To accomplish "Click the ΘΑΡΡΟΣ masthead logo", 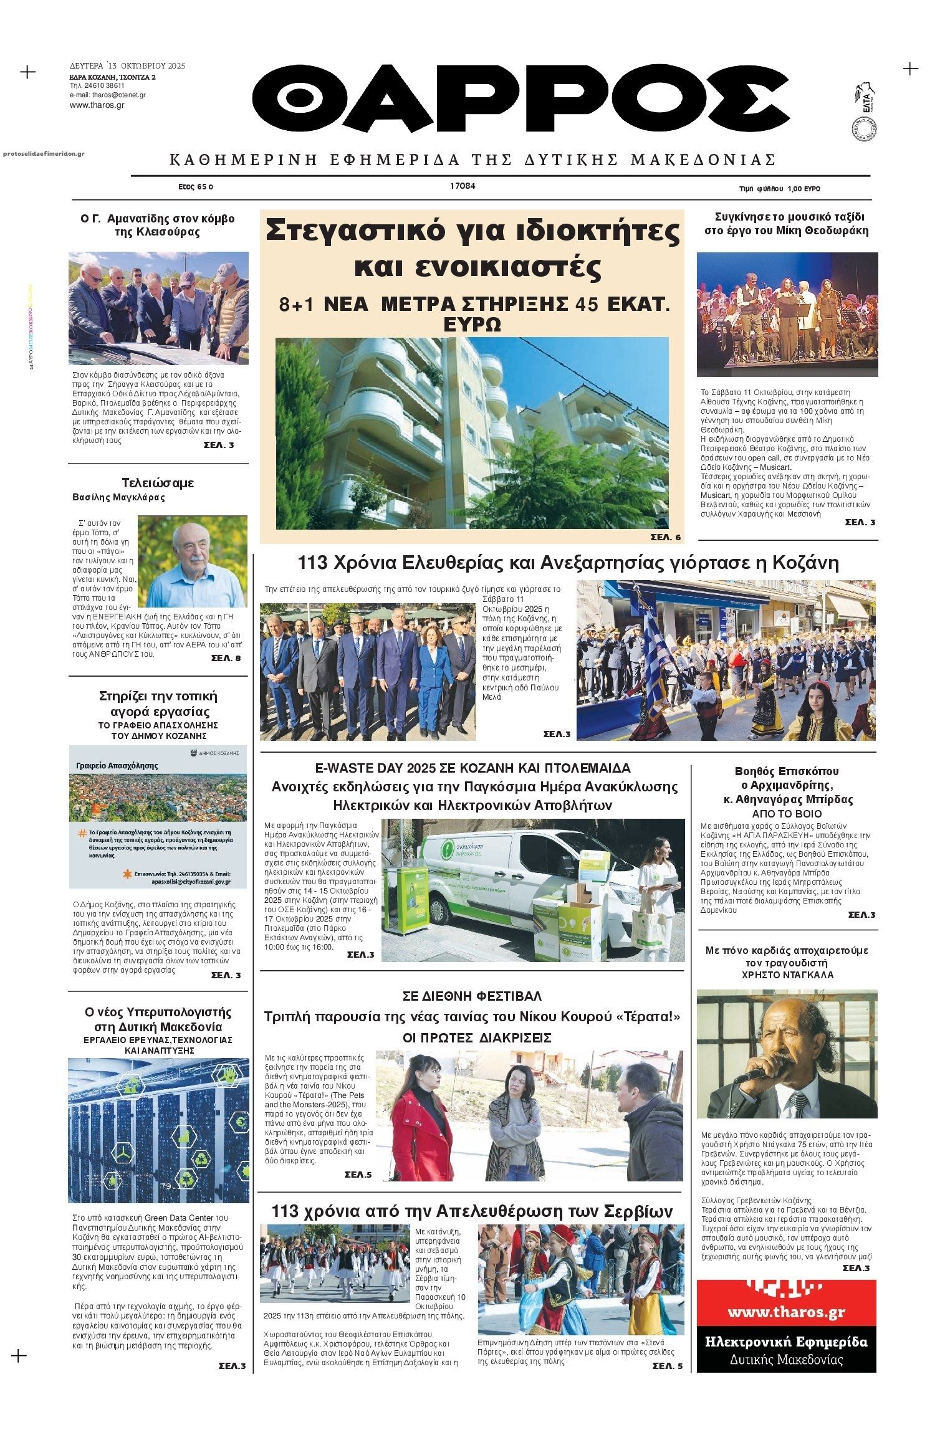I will [520, 103].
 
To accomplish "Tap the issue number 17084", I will [462, 186].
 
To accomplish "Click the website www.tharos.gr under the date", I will [97, 105].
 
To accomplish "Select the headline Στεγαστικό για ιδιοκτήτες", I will [472, 232].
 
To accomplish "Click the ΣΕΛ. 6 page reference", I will [665, 537].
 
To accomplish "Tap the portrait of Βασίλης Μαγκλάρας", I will [192, 561].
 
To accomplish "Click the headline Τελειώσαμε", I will [158, 483].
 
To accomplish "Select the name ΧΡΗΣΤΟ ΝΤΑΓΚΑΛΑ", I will [787, 975].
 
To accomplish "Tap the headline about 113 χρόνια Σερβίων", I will [472, 1211].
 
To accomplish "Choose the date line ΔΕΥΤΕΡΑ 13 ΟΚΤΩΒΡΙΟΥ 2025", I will [127, 65].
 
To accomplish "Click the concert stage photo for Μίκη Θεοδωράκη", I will [787, 314].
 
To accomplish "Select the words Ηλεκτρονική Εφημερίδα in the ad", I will [786, 1342].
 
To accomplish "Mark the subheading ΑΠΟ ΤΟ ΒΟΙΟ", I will [787, 814].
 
